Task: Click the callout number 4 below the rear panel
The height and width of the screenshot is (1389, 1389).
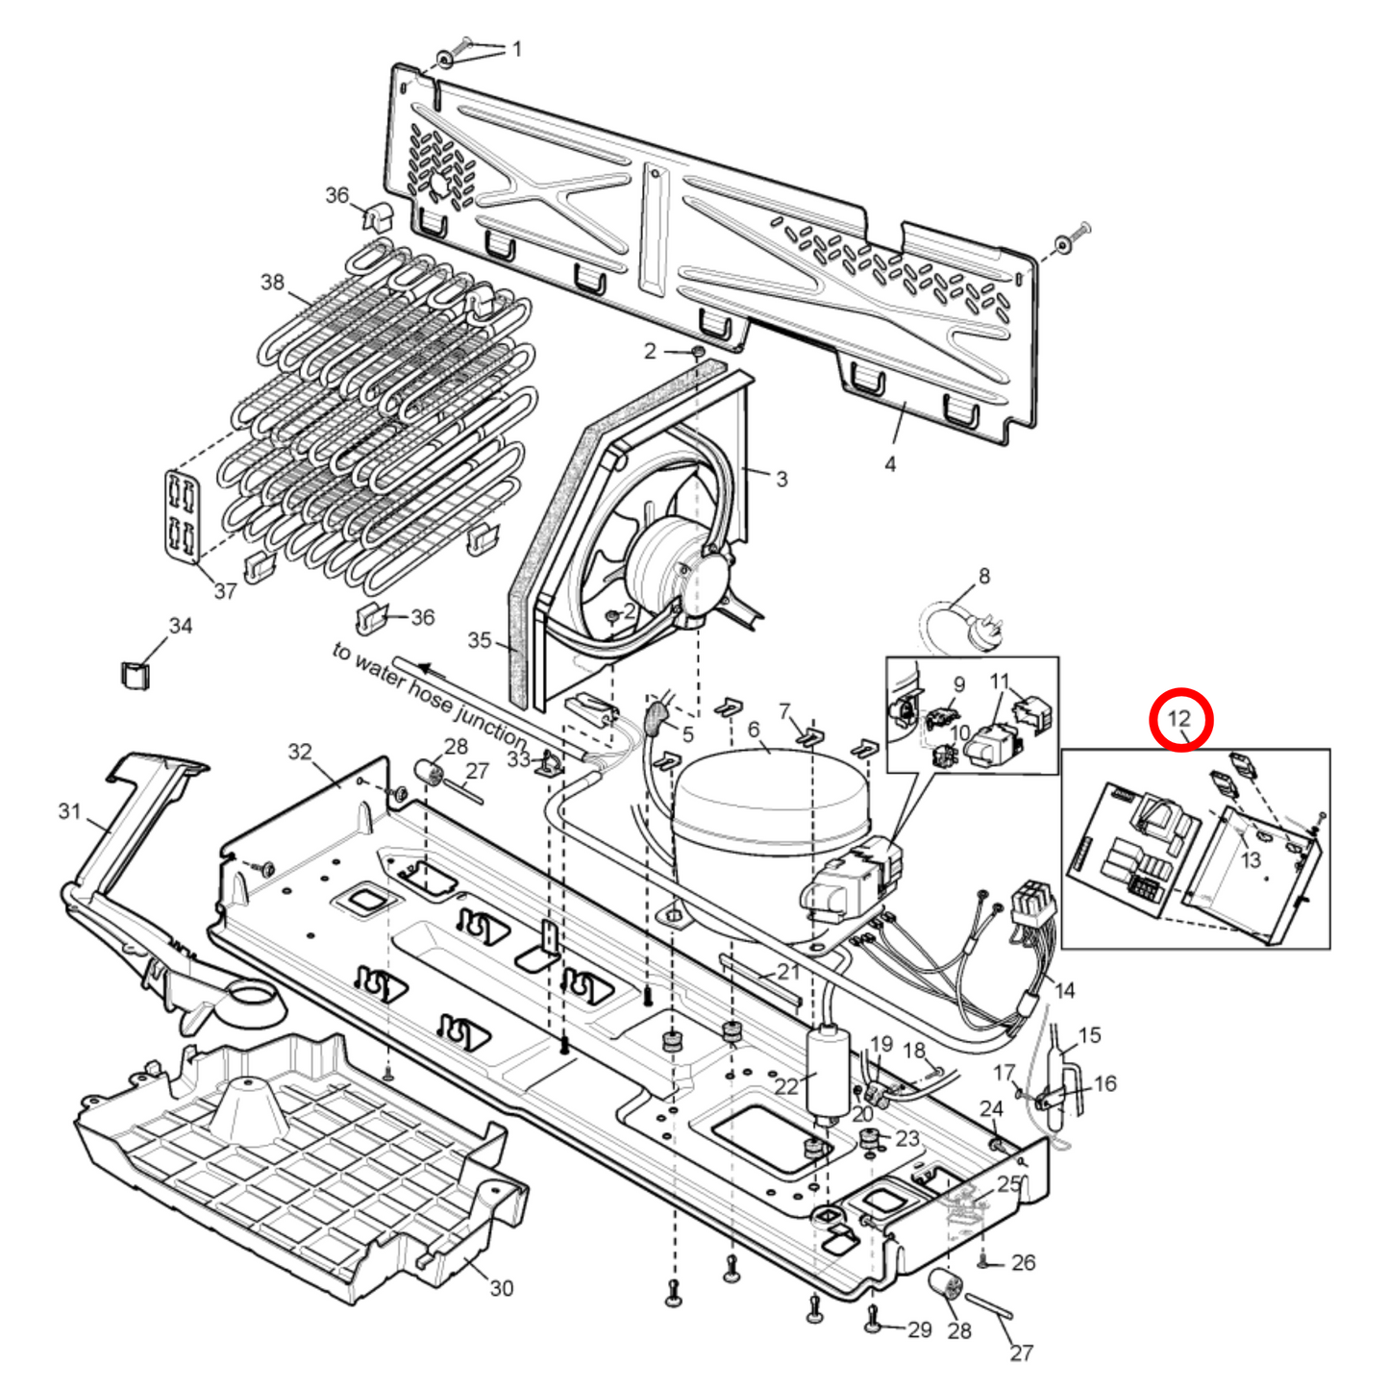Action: tap(890, 464)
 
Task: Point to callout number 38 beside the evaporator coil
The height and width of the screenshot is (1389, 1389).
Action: tap(272, 282)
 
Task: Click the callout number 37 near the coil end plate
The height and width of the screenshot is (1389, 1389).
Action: tap(225, 591)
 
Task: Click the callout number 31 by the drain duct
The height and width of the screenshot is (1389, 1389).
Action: tap(69, 812)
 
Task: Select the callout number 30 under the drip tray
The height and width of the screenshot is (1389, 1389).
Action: tap(502, 1288)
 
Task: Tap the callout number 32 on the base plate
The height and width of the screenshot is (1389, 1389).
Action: tap(300, 751)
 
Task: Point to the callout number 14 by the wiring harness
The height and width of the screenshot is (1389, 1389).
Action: tap(1064, 990)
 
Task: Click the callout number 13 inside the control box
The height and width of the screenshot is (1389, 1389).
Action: tap(1250, 858)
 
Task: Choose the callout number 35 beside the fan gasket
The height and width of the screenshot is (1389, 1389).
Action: tap(480, 640)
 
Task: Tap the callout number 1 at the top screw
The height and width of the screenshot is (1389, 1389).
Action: tap(517, 48)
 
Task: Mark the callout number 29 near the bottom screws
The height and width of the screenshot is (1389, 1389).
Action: tap(920, 1329)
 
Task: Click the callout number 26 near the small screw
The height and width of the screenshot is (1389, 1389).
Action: tap(1024, 1262)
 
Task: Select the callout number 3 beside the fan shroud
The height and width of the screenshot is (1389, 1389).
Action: tap(781, 478)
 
